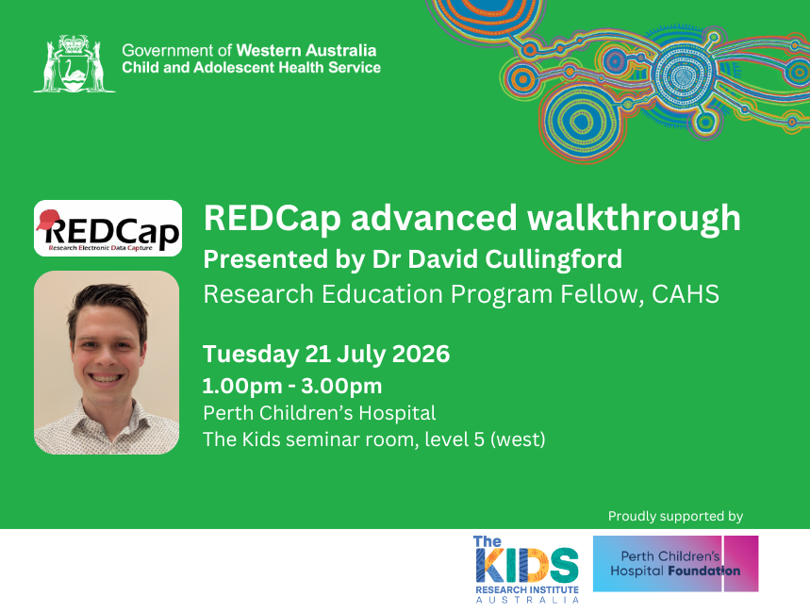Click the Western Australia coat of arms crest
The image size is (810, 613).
coord(74,63)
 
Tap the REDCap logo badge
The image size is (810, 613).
coord(107,228)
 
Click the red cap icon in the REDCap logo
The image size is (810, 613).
coord(47,219)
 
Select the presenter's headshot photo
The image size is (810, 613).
coord(107,362)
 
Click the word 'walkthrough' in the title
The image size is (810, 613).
coord(634,218)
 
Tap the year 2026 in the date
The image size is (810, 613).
coord(421,354)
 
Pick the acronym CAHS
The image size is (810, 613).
coord(686,294)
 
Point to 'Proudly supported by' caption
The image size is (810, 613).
coord(675,516)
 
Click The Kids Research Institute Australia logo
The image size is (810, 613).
coord(526,569)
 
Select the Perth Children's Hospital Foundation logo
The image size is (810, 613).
coord(676,563)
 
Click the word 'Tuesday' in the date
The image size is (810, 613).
coord(251,355)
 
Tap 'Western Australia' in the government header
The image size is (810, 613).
coord(306,51)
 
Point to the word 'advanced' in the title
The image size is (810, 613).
coord(434,218)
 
